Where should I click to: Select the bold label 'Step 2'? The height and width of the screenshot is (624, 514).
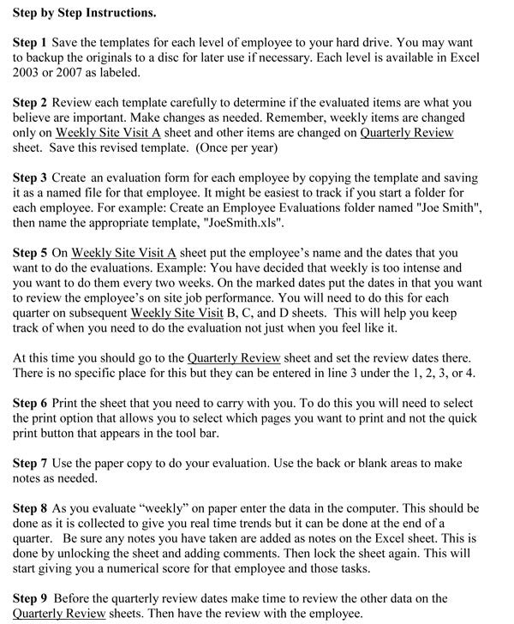(x=32, y=103)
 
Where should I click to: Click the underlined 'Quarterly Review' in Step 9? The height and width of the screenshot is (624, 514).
(x=60, y=614)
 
